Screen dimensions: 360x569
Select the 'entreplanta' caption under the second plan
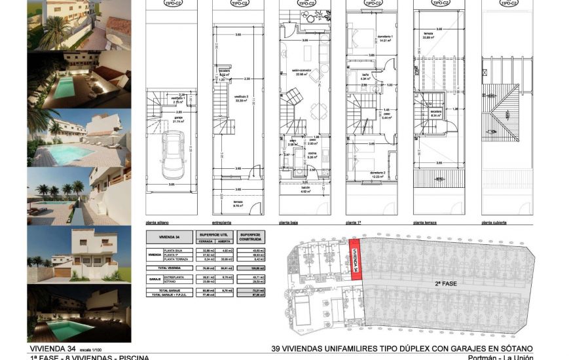coord(221,223)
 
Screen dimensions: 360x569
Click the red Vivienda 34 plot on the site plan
coord(355,261)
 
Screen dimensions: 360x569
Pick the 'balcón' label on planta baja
coord(304,189)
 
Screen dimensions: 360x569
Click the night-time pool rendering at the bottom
coord(79,314)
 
